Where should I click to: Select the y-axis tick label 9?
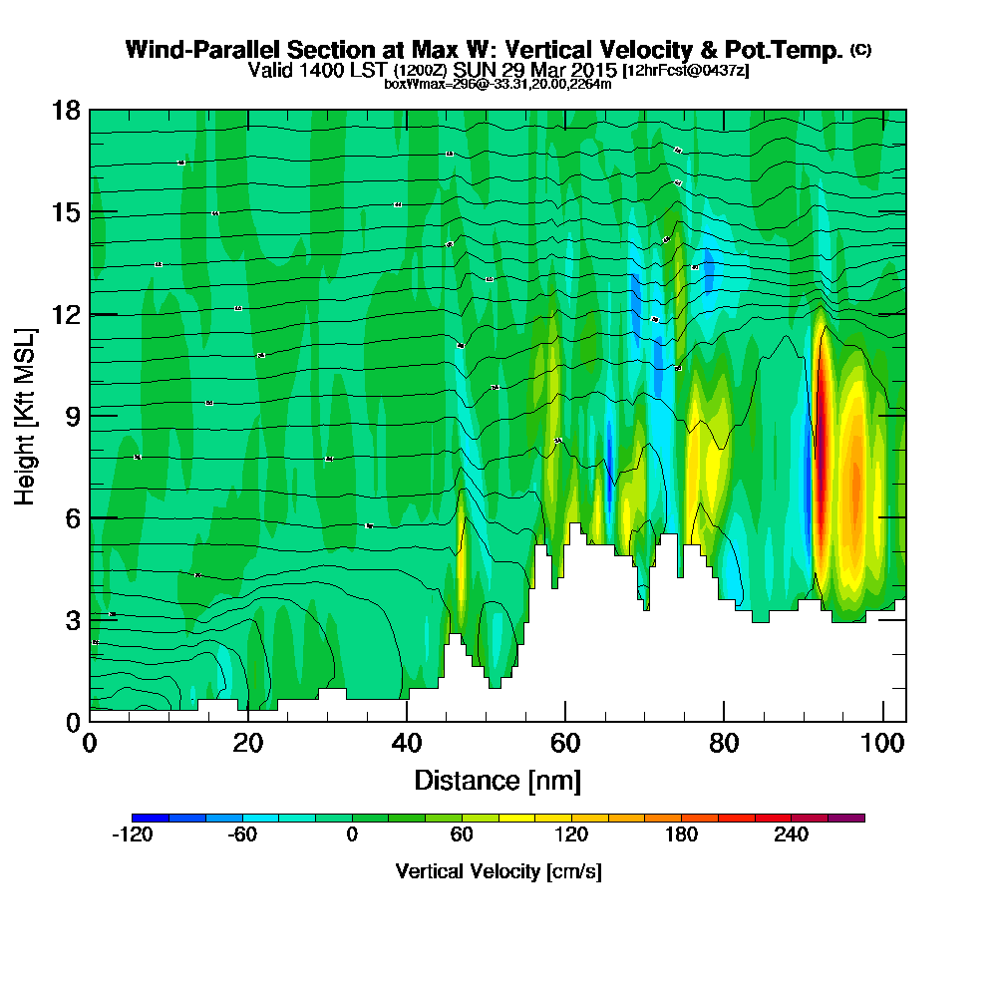(x=72, y=416)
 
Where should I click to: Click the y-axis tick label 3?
(x=72, y=619)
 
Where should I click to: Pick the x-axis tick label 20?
(x=247, y=744)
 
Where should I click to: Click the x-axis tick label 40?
(x=407, y=744)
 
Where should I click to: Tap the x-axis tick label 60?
(x=565, y=744)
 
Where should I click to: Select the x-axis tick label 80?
(x=724, y=744)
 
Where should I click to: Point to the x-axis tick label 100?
(x=882, y=744)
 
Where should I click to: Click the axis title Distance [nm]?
(x=498, y=780)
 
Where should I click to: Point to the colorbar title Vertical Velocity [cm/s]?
(x=498, y=871)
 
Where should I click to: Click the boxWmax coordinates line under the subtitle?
(x=498, y=84)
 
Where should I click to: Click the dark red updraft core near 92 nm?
(x=823, y=439)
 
